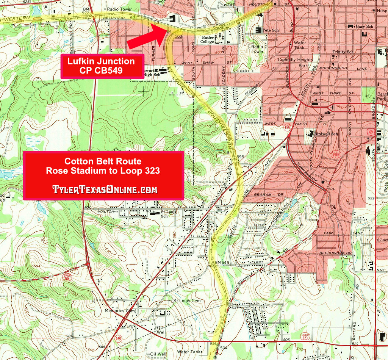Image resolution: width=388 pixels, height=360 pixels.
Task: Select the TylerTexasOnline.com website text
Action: tap(104, 189)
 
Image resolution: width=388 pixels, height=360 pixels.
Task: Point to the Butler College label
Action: tap(208, 39)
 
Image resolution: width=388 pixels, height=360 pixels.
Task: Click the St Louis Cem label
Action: tap(187, 301)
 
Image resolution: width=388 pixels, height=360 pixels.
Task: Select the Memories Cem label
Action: tap(120, 311)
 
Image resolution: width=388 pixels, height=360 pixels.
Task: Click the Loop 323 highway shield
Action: tap(305, 336)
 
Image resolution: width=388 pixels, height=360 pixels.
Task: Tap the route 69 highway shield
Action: tap(370, 131)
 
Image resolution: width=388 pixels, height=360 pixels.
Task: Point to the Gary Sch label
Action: tap(365, 27)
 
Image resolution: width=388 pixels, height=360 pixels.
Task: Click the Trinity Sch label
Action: tap(343, 52)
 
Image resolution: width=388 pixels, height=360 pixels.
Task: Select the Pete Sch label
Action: tap(271, 29)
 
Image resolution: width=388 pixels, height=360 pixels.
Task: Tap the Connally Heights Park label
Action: tap(296, 62)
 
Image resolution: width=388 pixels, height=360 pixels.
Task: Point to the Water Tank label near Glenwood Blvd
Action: tap(300, 45)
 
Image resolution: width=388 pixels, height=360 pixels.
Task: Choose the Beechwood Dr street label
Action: tap(335, 253)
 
